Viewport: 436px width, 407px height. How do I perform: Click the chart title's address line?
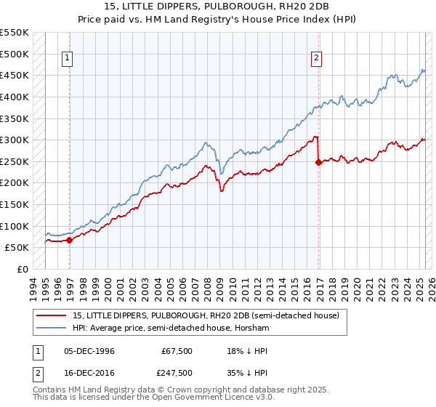click(x=218, y=7)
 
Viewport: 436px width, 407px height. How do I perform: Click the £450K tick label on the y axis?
click(x=15, y=75)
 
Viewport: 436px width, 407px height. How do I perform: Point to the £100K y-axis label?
click(x=15, y=226)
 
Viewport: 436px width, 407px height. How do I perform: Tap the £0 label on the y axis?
click(x=23, y=269)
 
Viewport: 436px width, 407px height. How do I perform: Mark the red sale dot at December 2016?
click(x=318, y=163)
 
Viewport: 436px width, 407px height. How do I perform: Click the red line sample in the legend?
click(x=53, y=315)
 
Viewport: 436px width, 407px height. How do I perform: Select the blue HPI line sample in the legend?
click(x=53, y=329)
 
